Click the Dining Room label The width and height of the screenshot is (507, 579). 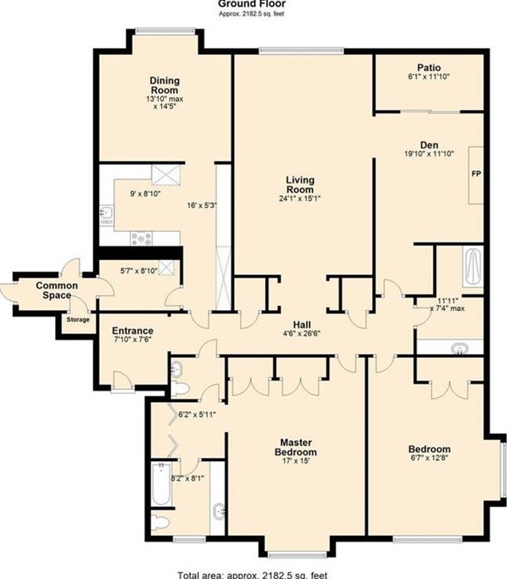[164, 85]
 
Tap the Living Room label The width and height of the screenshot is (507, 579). [300, 185]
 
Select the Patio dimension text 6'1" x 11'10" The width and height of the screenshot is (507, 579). [429, 77]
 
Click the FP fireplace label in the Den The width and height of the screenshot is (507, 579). [477, 173]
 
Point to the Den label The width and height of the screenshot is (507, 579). [429, 145]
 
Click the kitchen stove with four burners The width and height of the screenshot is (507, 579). [141, 238]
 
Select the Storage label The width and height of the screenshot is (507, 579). [78, 320]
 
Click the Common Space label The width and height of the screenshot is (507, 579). [57, 290]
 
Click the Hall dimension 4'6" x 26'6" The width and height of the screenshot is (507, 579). [301, 333]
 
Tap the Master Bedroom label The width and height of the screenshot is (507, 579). [295, 447]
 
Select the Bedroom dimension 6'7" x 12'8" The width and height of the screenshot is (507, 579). [430, 459]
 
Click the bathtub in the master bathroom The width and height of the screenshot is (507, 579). [161, 484]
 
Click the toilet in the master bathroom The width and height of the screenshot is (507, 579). [160, 523]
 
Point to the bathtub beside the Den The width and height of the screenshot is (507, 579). [473, 267]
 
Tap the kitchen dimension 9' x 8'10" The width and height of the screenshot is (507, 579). [145, 194]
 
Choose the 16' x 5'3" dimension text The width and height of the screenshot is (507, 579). [201, 206]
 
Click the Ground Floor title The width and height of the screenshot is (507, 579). [252, 4]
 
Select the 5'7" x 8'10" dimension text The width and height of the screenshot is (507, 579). [139, 271]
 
